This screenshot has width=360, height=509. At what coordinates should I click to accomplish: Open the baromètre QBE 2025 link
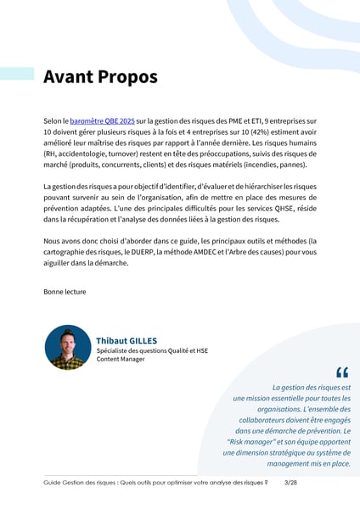pyautogui.click(x=101, y=122)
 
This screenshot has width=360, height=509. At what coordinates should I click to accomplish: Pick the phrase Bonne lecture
pyautogui.click(x=65, y=292)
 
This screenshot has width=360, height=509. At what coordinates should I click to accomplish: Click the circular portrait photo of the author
pyautogui.click(x=68, y=348)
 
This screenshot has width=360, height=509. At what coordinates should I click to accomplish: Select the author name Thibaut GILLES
pyautogui.click(x=127, y=341)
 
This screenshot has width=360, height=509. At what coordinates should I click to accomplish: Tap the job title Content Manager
pyautogui.click(x=121, y=359)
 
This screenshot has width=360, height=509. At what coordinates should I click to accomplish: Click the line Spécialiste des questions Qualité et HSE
pyautogui.click(x=152, y=350)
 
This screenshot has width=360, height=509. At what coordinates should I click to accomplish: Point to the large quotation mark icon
pyautogui.click(x=342, y=372)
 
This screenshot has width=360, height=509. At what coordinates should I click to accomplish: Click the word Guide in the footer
pyautogui.click(x=53, y=482)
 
